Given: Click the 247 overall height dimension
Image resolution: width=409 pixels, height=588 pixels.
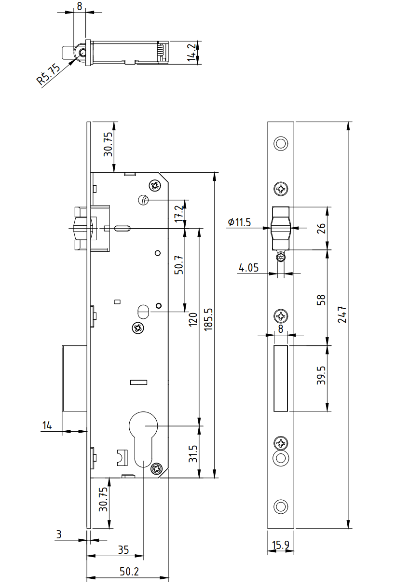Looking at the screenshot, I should (x=341, y=314).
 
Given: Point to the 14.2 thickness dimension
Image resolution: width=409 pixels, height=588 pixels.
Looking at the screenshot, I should (x=192, y=53).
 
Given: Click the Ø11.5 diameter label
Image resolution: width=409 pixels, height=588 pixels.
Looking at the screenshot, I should (x=240, y=222).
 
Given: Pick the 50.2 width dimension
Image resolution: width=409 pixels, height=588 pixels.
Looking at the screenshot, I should (x=129, y=572).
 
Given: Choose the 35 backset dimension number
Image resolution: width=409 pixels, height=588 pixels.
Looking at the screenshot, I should (x=123, y=549).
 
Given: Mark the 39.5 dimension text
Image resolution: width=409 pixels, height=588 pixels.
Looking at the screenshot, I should (x=322, y=375).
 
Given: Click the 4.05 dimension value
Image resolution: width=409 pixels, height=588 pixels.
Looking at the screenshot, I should (x=249, y=268).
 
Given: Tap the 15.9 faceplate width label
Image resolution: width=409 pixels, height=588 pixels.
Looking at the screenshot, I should (x=280, y=545).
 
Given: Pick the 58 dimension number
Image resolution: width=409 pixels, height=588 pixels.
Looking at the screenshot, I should (x=322, y=300).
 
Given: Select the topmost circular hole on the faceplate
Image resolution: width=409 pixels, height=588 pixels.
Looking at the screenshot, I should (x=280, y=143).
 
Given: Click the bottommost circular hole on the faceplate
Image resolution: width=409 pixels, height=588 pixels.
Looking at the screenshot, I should (x=280, y=506).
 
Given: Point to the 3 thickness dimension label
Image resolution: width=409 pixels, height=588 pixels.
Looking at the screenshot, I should (x=59, y=534).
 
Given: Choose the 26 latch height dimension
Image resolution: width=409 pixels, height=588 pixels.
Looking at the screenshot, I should (x=322, y=228).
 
